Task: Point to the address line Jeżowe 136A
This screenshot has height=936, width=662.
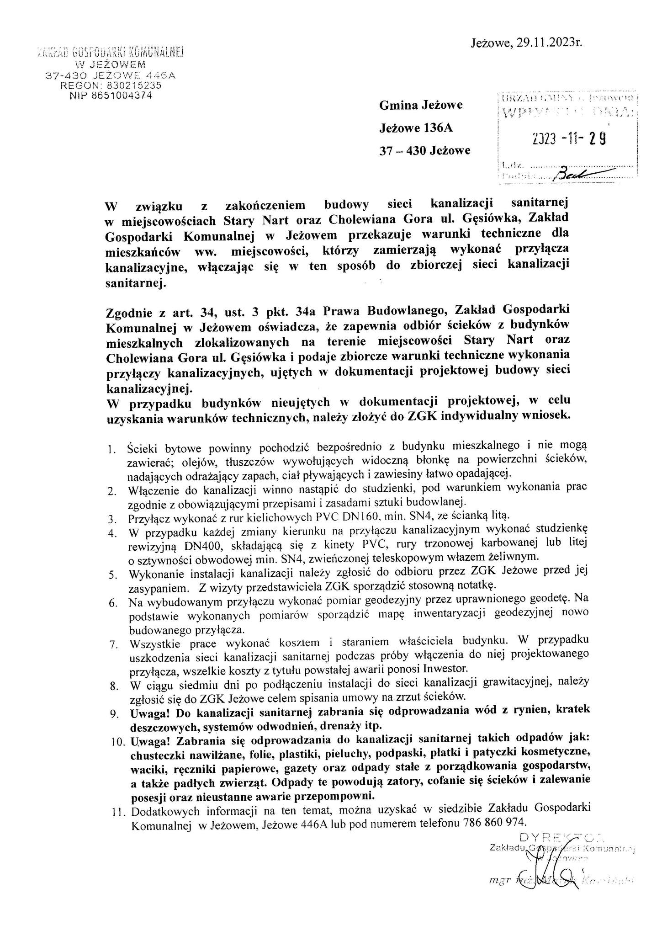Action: coord(416,128)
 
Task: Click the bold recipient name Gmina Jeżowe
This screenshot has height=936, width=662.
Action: coord(421,105)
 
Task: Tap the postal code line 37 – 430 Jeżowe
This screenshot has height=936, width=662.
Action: coord(424,150)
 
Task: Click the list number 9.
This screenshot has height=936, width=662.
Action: coord(114,714)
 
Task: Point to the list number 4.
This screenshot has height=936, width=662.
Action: coord(113,533)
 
